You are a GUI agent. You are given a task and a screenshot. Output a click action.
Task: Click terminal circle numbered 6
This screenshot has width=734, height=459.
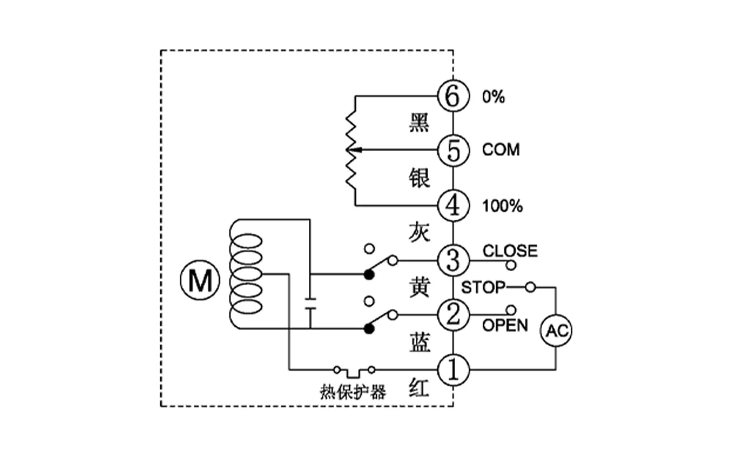coord(453,96)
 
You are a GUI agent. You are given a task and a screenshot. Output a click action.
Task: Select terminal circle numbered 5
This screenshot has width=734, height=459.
coord(453,150)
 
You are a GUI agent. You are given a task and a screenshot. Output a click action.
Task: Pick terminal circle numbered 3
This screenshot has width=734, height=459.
coord(453,261)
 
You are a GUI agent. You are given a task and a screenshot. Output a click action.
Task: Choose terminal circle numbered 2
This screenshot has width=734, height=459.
coord(453,315)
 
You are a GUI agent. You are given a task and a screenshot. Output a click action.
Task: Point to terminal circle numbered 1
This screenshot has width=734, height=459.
coord(453,370)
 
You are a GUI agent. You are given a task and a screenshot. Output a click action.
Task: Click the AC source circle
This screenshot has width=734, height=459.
coord(556,331)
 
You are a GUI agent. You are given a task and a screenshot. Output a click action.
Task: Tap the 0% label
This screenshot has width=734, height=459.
coord(493,97)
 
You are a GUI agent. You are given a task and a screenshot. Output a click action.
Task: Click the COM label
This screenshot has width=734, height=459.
coord(500,150)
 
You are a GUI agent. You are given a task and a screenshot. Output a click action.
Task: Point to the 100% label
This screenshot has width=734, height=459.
coord(502,206)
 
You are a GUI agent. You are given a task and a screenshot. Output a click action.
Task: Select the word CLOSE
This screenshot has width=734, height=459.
coord(510,251)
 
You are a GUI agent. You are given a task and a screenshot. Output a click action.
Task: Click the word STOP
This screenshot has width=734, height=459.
coord(483,287)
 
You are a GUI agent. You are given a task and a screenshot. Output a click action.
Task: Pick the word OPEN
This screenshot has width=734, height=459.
coord(505,325)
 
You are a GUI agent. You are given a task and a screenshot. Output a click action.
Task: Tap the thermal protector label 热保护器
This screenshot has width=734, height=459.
coord(353,392)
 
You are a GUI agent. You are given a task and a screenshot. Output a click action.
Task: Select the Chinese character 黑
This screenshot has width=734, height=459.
coord(420,124)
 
